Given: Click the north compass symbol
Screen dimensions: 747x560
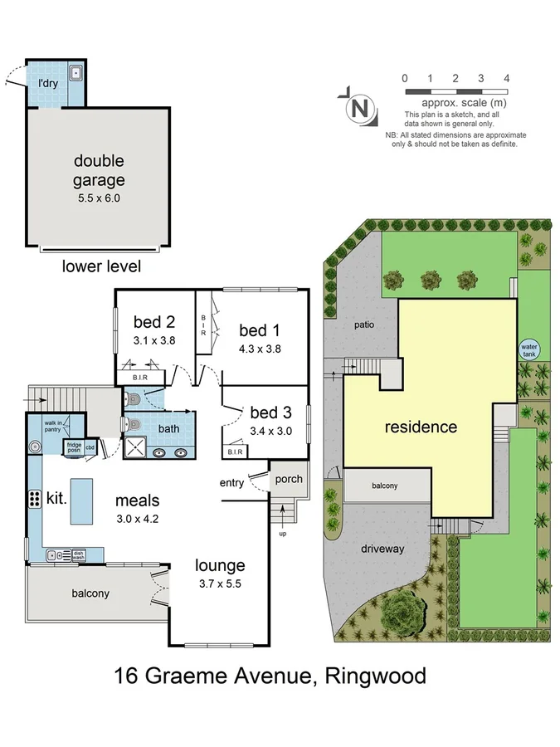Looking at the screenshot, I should [358, 107].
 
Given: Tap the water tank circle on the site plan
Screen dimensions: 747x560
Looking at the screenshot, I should [528, 350].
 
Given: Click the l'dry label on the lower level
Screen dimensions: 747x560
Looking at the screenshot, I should [47, 83].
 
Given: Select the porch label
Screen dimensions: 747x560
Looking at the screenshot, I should [289, 479].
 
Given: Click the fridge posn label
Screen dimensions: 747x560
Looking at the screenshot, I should [75, 447].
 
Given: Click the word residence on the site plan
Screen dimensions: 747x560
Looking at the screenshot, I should [421, 427].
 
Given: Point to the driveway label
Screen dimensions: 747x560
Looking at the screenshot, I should [382, 549].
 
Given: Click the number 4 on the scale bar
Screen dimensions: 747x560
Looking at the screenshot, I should [506, 77].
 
